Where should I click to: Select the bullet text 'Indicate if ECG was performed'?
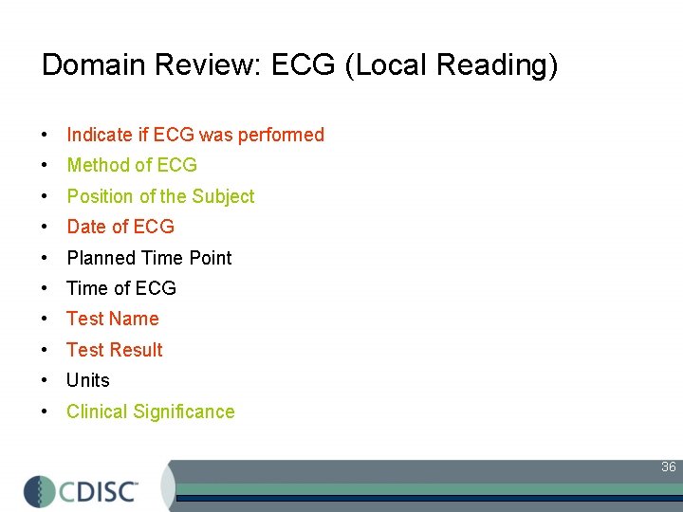(x=195, y=135)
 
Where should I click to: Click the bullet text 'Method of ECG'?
(x=132, y=165)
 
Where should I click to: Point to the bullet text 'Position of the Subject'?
(x=160, y=196)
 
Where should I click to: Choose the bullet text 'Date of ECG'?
(x=120, y=227)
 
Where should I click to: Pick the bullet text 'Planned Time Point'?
(x=149, y=258)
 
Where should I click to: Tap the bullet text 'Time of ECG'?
(x=121, y=288)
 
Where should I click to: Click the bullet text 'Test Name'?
(x=112, y=319)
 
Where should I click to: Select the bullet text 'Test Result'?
(x=114, y=350)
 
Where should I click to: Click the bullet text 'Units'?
(x=88, y=380)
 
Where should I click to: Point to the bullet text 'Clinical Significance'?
(x=150, y=411)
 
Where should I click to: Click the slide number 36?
(x=668, y=467)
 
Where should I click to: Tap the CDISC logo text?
(x=100, y=490)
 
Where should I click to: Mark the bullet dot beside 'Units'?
(x=46, y=381)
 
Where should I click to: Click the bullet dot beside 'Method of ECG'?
(x=46, y=166)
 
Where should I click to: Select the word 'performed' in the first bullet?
(x=281, y=135)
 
